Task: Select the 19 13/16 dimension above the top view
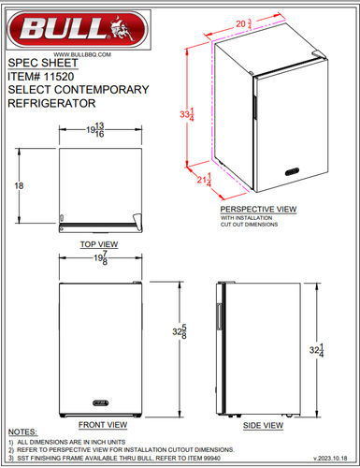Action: click(x=95, y=131)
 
